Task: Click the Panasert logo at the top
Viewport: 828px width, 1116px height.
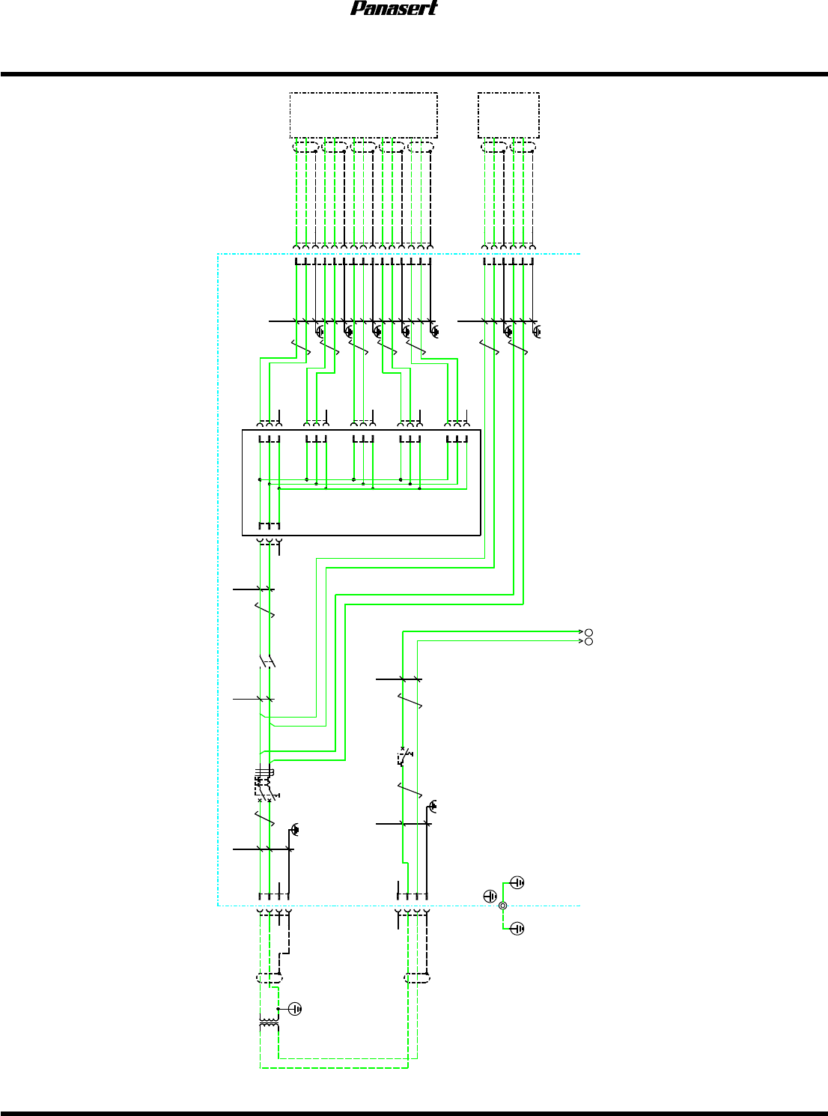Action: (x=394, y=8)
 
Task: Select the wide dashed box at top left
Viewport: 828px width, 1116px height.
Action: (x=363, y=115)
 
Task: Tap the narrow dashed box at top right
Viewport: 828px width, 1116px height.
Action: (x=508, y=115)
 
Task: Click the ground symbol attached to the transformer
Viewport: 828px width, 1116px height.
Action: (x=295, y=1008)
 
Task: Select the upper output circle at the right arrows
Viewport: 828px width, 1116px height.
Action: (x=588, y=632)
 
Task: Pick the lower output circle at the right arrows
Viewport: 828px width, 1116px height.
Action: (x=588, y=642)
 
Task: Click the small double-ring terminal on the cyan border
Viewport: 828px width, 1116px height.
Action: (x=502, y=906)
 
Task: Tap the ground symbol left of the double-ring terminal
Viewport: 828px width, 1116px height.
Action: (x=490, y=896)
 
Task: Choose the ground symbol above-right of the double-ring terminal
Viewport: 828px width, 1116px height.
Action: (x=517, y=882)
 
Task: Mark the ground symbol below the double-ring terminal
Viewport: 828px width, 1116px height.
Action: (x=517, y=929)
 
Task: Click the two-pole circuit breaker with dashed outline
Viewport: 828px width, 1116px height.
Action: (x=265, y=785)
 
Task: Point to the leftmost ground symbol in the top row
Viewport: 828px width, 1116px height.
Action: (x=320, y=330)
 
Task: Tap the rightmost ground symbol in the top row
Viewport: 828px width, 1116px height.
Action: (x=536, y=330)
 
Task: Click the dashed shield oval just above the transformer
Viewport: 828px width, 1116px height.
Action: (x=270, y=977)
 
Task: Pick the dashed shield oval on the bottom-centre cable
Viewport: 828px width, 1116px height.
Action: (x=417, y=977)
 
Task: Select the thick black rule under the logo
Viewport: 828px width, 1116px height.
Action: (x=414, y=74)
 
